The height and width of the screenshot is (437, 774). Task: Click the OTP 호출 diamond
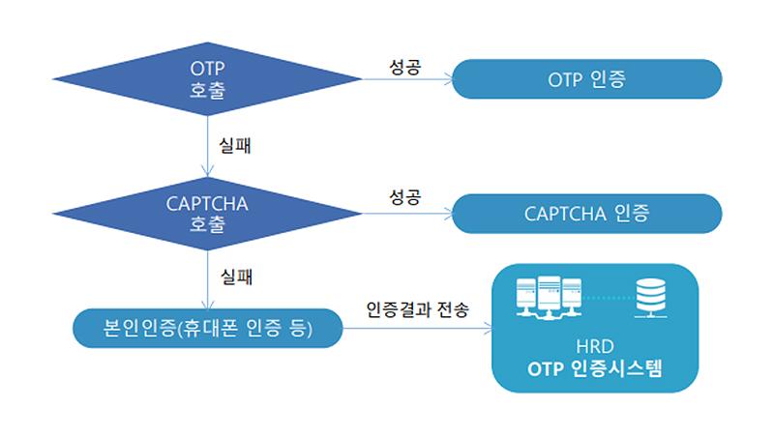[x=209, y=79]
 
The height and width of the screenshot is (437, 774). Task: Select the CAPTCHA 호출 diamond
[x=209, y=213]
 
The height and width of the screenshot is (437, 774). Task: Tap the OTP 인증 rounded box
[x=586, y=79]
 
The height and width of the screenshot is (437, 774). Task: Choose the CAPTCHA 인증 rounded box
[x=586, y=213]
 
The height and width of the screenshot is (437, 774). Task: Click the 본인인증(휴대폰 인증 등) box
[x=209, y=329]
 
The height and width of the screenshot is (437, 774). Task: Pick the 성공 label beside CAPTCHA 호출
[x=404, y=198]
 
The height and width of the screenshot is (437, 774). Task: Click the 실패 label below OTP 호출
[x=237, y=147]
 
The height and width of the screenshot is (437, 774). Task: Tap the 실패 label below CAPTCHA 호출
[x=237, y=277]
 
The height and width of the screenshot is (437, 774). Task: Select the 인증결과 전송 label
[x=417, y=311]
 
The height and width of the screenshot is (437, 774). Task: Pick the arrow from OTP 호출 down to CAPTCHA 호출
[x=209, y=145]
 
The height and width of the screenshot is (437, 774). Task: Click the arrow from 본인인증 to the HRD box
[x=416, y=329]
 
